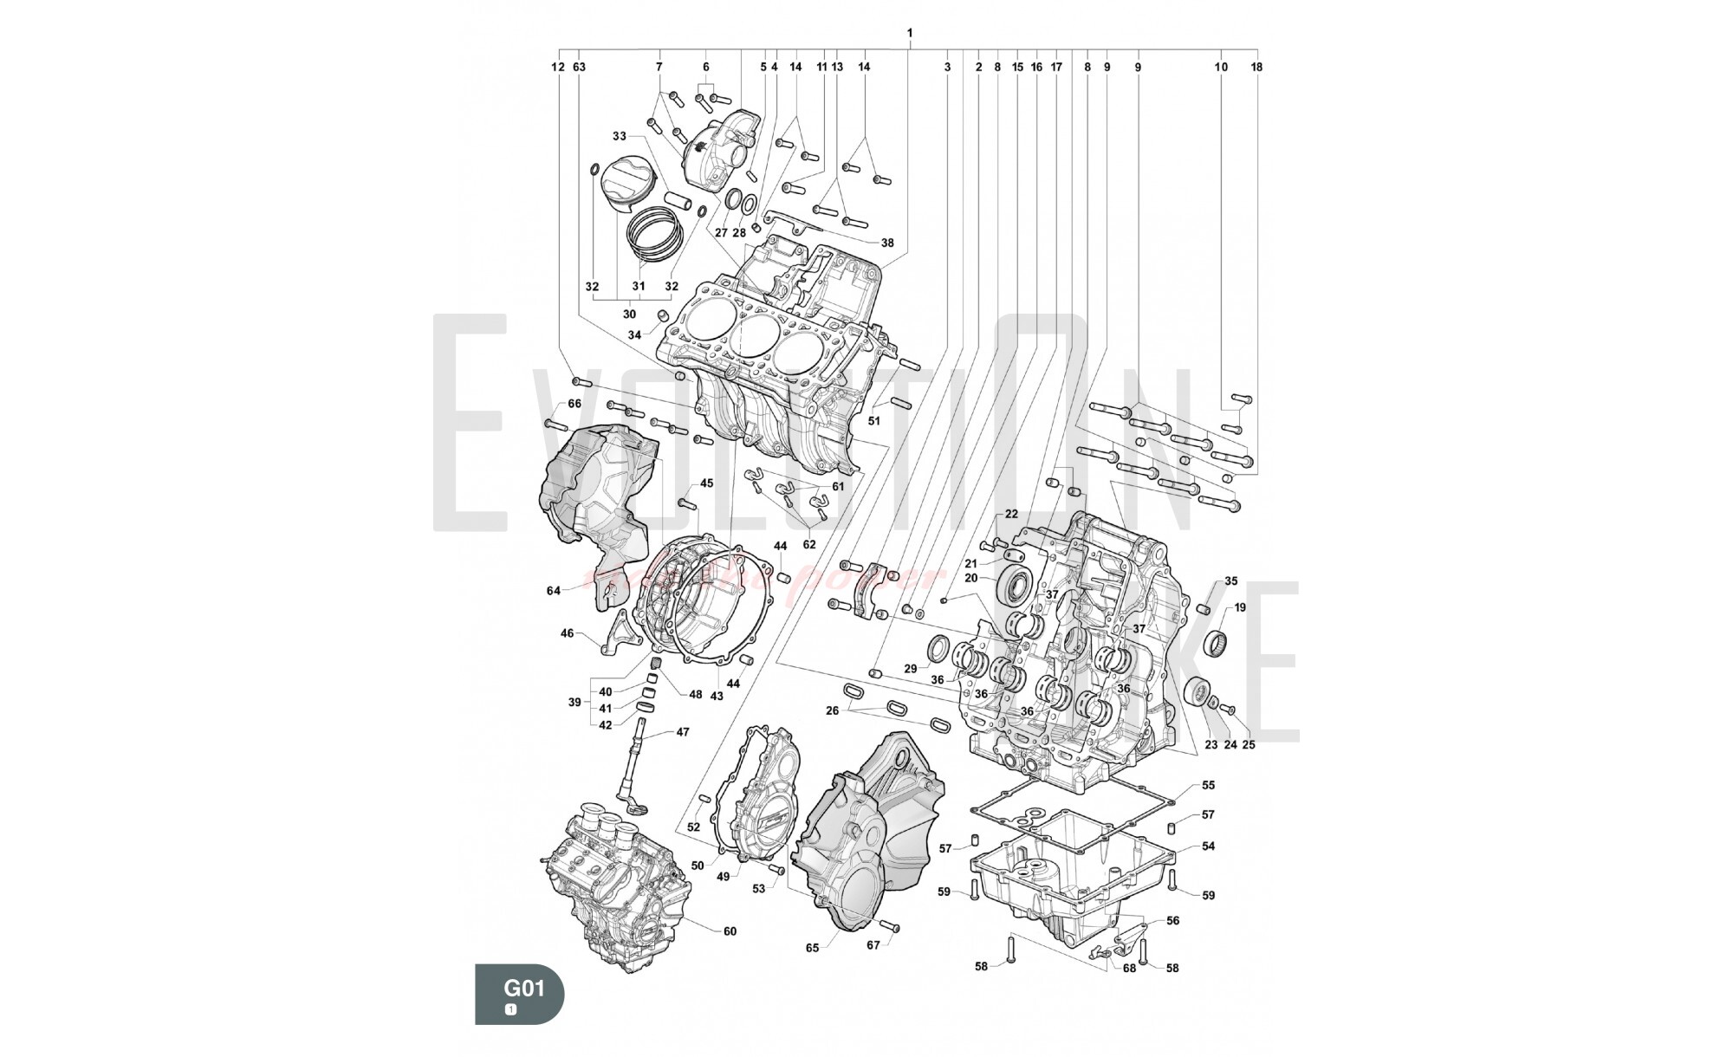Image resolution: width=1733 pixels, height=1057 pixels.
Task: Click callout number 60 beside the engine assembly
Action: [x=730, y=931]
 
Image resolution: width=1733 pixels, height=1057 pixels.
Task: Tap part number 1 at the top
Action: [x=910, y=33]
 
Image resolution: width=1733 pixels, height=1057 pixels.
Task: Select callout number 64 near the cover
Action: [x=554, y=591]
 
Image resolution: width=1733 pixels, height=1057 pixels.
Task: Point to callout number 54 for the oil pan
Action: [x=1208, y=846]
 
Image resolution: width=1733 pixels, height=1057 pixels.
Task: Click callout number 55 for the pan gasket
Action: [x=1208, y=786]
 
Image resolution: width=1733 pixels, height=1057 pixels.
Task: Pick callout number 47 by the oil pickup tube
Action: [x=683, y=732]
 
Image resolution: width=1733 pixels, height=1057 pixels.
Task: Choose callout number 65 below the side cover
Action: [x=812, y=948]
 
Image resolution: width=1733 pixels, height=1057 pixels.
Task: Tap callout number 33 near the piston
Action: [x=619, y=136]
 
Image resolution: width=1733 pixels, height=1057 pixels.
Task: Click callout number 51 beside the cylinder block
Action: [x=873, y=421]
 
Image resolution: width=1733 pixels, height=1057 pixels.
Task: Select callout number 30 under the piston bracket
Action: [x=629, y=315]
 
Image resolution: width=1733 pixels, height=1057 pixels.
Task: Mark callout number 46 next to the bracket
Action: [x=567, y=633]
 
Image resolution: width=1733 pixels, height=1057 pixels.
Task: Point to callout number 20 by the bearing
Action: [x=970, y=578]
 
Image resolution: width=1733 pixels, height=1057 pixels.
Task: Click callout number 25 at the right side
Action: [x=1249, y=744]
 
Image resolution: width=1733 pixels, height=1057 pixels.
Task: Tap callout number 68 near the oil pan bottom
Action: [x=1129, y=968]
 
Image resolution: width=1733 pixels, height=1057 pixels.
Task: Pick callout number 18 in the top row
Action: [x=1256, y=67]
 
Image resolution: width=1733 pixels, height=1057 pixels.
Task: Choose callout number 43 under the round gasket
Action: [x=717, y=697]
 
